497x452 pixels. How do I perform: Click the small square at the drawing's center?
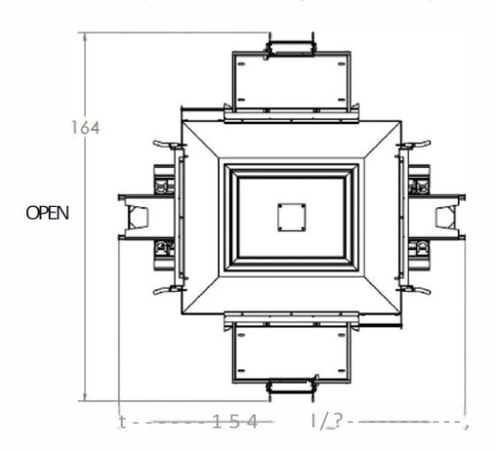(289, 217)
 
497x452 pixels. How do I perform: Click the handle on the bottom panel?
(290, 389)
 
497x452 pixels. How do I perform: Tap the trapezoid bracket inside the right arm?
(445, 217)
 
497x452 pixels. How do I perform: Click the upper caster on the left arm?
(163, 186)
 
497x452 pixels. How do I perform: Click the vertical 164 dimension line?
(83, 271)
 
